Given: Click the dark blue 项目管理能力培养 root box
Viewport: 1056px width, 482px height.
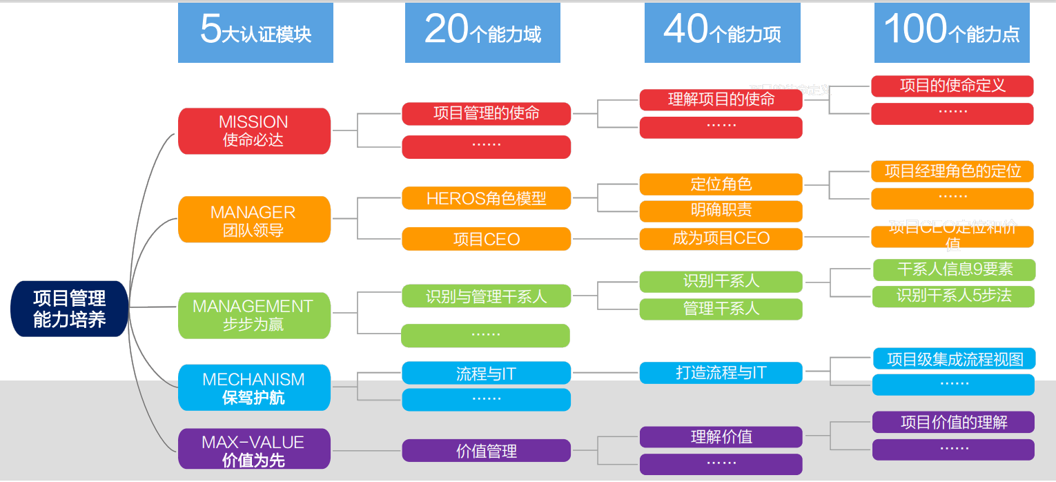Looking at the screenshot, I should pos(70,308).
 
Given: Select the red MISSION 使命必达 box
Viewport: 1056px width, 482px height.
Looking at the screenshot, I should pos(254,131).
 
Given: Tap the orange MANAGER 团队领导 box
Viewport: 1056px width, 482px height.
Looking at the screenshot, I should pos(254,220).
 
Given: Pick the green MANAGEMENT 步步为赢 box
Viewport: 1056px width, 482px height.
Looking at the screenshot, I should pos(254,315).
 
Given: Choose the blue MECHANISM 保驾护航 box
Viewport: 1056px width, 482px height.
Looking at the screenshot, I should pos(254,387).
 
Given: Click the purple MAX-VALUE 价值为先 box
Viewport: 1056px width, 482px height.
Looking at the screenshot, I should pos(254,450).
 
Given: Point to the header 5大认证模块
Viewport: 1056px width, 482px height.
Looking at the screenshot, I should pos(255,32).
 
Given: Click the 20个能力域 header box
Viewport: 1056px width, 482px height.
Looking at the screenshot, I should pos(482,32).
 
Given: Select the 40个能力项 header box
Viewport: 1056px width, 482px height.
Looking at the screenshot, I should pos(722,32).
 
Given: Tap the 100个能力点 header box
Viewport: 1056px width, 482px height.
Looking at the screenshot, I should pos(952,32).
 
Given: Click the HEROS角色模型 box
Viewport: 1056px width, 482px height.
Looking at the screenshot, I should pos(486,198).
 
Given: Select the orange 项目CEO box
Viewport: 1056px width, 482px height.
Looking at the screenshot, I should pos(486,239).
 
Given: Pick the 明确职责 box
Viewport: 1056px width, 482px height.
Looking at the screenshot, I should pos(721,211).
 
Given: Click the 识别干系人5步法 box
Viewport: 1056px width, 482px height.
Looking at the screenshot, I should pos(953,296).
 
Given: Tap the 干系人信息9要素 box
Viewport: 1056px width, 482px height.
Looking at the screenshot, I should pos(953,269).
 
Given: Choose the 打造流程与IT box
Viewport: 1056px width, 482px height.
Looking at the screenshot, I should pos(721,373).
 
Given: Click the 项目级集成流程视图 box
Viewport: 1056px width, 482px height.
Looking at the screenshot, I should pos(953,359).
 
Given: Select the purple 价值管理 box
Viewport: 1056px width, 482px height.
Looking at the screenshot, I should pos(486,451).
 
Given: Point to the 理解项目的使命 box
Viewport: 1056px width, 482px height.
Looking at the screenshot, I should pos(721,99).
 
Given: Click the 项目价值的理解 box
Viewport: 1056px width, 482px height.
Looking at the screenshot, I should pos(953,422).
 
